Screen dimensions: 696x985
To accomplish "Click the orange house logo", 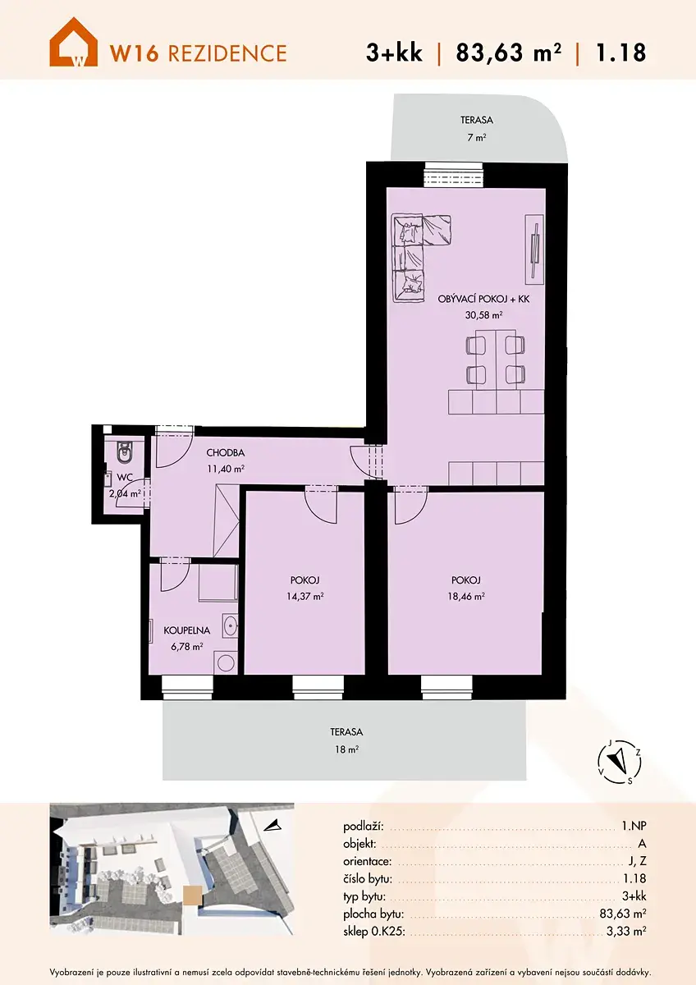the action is pos(73,42).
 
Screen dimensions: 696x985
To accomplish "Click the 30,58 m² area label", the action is pos(483,315).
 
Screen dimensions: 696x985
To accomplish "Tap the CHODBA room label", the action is pos(226,452).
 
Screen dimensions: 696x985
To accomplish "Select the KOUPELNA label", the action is pos(187,630).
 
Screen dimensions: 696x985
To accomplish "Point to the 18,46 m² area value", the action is pos(466,596).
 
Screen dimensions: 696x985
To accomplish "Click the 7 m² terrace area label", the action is pos(477,137).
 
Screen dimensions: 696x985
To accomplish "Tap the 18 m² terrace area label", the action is pos(347,749).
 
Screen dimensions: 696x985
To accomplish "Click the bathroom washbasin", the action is pos(230,625).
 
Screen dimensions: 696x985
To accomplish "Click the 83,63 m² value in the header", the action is pos(509,53).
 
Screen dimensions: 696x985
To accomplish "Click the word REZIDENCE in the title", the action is pos(227,53).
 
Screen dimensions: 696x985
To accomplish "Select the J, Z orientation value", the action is pos(636,861).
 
